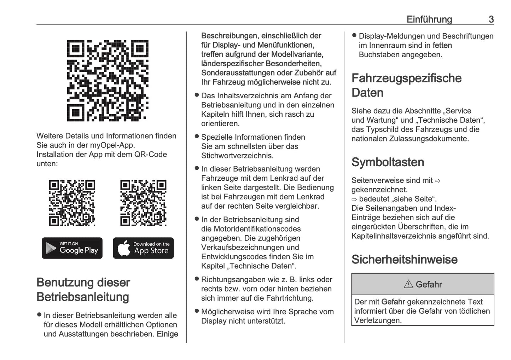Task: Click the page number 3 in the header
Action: pyautogui.click(x=491, y=19)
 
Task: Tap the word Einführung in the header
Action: pyautogui.click(x=429, y=19)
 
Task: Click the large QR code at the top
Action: pyautogui.click(x=108, y=81)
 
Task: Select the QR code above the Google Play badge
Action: pyautogui.click(x=72, y=203)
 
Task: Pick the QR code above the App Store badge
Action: pyautogui.click(x=143, y=203)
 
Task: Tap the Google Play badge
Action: pyautogui.click(x=72, y=248)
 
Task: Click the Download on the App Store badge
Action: pyautogui.click(x=143, y=248)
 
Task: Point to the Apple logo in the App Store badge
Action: pyautogui.click(x=124, y=248)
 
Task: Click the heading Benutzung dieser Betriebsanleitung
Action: pyautogui.click(x=83, y=289)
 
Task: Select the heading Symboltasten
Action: pyautogui.click(x=388, y=162)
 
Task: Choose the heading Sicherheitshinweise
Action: pyautogui.click(x=404, y=259)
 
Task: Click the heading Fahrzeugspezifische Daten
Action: pyautogui.click(x=406, y=85)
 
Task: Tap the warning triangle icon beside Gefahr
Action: pyautogui.click(x=408, y=284)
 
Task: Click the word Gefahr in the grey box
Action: pyautogui.click(x=429, y=284)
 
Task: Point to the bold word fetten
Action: pyautogui.click(x=442, y=45)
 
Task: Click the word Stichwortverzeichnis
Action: pyautogui.click(x=237, y=156)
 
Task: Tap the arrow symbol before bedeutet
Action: pyautogui.click(x=354, y=199)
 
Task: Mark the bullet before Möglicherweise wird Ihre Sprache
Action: pyautogui.click(x=197, y=311)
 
